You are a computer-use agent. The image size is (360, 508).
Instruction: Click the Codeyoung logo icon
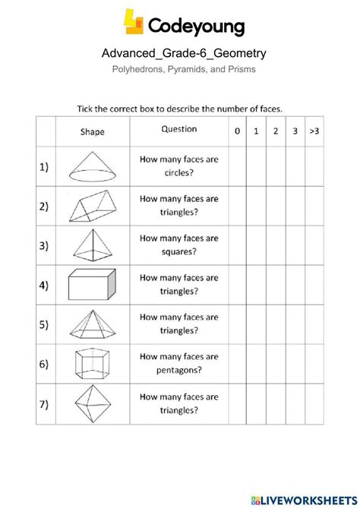tap(134, 24)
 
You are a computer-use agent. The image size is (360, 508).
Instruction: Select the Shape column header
tap(93, 131)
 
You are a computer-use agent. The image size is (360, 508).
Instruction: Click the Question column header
tap(178, 129)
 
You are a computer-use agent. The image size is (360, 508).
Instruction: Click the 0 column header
tap(237, 131)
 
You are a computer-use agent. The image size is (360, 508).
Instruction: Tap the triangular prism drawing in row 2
tap(93, 206)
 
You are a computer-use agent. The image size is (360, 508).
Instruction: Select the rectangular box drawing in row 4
tap(93, 286)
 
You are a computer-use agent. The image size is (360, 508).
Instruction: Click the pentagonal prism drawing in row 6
tap(93, 363)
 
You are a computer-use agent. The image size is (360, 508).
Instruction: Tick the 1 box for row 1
tap(257, 166)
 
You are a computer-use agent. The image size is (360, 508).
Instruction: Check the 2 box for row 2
tap(276, 206)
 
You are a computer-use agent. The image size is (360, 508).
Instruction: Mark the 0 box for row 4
tap(237, 286)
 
